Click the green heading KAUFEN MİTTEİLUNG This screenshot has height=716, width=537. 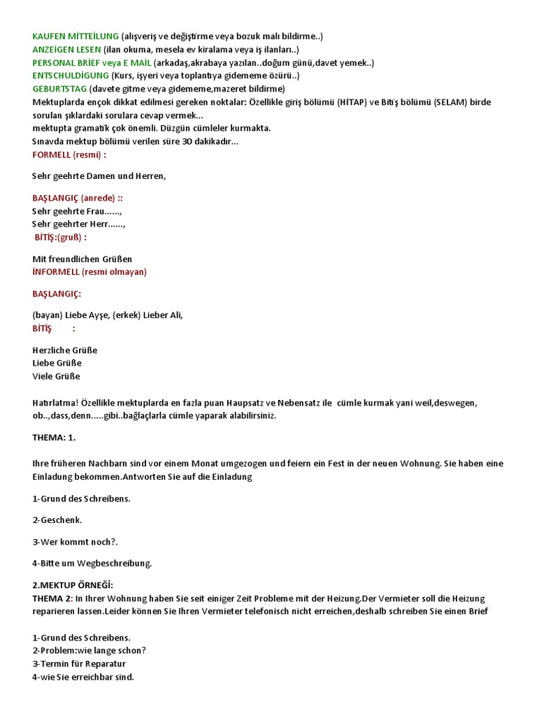click(76, 36)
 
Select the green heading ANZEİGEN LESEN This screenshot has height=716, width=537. click(66, 49)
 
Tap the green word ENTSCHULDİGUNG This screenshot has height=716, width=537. click(71, 76)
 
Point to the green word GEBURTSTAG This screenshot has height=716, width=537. click(59, 89)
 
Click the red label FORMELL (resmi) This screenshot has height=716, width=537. click(69, 155)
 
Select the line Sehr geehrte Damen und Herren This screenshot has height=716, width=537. click(99, 176)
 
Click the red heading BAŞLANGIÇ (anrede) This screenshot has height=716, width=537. click(78, 198)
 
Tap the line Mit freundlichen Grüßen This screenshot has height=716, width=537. click(82, 259)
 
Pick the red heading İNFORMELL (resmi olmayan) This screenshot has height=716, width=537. click(89, 272)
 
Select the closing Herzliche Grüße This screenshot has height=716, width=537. click(64, 350)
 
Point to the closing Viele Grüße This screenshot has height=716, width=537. click(56, 376)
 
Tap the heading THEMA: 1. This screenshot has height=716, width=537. click(54, 437)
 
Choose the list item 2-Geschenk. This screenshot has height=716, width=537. click(57, 520)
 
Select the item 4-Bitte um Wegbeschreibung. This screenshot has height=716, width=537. click(92, 563)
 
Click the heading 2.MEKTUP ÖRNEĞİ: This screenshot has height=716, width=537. click(72, 585)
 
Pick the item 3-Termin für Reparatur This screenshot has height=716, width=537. click(79, 664)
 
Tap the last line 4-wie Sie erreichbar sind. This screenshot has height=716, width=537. click(83, 677)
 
